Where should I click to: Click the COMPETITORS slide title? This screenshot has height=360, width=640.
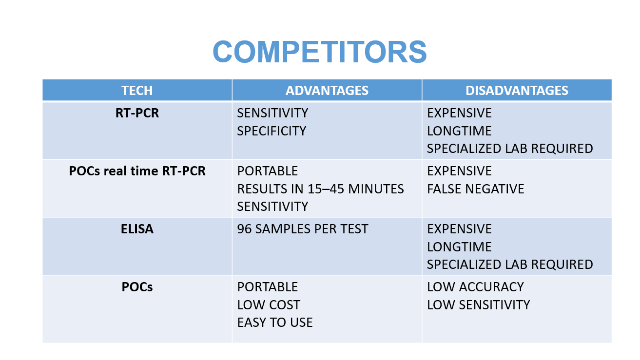click(x=320, y=52)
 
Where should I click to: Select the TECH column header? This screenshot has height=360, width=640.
click(x=137, y=91)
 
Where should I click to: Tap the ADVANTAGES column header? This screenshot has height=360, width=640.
click(x=327, y=91)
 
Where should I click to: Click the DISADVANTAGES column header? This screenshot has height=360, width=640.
click(x=517, y=91)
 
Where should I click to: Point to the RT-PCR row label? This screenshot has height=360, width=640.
click(x=137, y=113)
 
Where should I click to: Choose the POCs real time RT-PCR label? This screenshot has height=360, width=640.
click(x=137, y=171)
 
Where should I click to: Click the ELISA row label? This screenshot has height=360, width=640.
click(x=137, y=229)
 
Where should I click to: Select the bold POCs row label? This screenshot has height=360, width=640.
click(x=137, y=287)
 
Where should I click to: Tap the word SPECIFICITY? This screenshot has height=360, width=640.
click(x=272, y=131)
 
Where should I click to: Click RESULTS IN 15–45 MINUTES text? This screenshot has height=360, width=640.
click(x=321, y=189)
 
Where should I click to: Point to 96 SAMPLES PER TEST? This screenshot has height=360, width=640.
click(x=303, y=229)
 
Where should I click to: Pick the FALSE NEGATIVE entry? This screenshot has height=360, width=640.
click(x=476, y=189)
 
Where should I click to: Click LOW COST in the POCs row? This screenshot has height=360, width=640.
click(x=269, y=305)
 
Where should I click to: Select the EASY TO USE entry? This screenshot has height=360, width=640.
click(x=275, y=322)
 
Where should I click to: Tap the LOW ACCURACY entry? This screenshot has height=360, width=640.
click(x=475, y=287)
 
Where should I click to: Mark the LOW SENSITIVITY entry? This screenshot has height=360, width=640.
click(x=479, y=305)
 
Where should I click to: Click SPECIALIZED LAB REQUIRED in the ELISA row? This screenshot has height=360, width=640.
click(x=510, y=265)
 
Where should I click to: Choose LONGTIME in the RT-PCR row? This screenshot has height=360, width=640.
click(x=459, y=131)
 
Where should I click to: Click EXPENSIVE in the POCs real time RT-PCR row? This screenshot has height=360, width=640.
click(x=459, y=171)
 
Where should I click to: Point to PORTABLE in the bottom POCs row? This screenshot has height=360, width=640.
click(x=268, y=287)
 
